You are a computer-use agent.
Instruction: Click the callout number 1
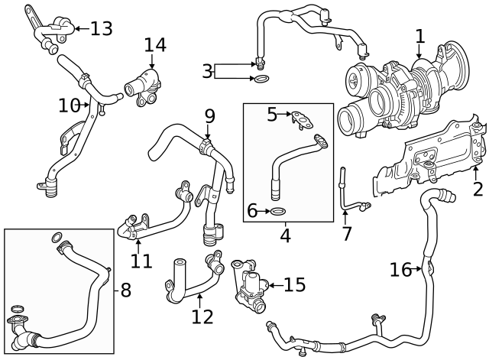pos(419,35)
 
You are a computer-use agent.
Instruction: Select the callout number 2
pos(478,189)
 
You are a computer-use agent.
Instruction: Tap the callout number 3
pos(207,72)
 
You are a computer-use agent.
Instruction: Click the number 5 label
pos(271,115)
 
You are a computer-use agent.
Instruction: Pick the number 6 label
pos(253,210)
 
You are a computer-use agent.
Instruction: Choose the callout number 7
pos(346,233)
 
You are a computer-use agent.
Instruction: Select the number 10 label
pos(69,105)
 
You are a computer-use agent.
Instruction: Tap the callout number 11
pos(141,261)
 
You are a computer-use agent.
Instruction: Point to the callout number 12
pos(202,316)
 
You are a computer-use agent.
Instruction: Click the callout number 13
pos(101,29)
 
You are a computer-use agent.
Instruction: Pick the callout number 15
pos(294,285)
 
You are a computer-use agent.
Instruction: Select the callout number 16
pos(400,269)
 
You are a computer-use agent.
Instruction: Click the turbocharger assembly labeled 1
pos(397,92)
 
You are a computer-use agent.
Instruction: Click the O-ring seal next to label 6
pos(279,210)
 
